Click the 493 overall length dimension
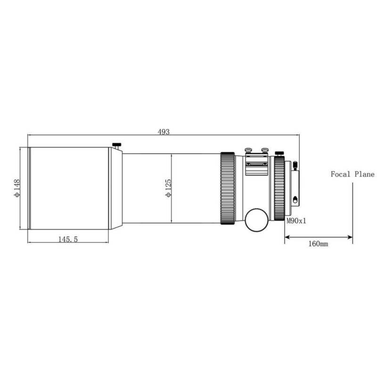coord(164,132)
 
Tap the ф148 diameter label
coord(17,188)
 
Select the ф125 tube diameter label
coord(168,188)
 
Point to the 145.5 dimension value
coord(68,239)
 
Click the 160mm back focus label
coord(319,244)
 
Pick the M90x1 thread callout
coord(296,221)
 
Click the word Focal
coord(340,174)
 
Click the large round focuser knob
coord(256,220)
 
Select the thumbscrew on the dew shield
coord(116,146)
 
